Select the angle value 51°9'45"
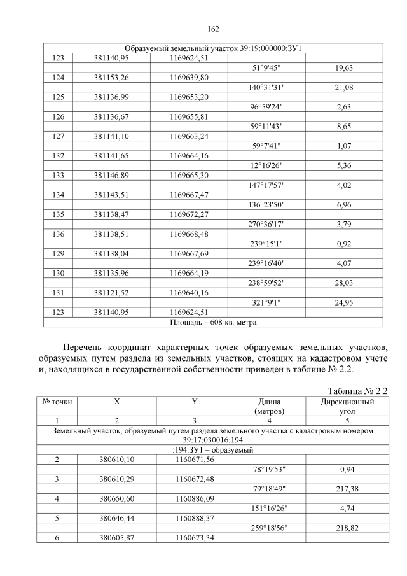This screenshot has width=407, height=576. [x=270, y=68]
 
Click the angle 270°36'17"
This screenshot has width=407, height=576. [x=270, y=224]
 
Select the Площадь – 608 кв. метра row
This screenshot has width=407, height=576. [x=213, y=323]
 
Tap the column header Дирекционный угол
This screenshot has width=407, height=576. [x=348, y=407]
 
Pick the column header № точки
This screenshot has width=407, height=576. [x=57, y=402]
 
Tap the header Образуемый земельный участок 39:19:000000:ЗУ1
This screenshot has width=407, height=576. [x=213, y=49]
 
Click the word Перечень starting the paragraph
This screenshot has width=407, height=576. [x=85, y=347]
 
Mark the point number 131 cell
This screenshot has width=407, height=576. [x=59, y=295]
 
